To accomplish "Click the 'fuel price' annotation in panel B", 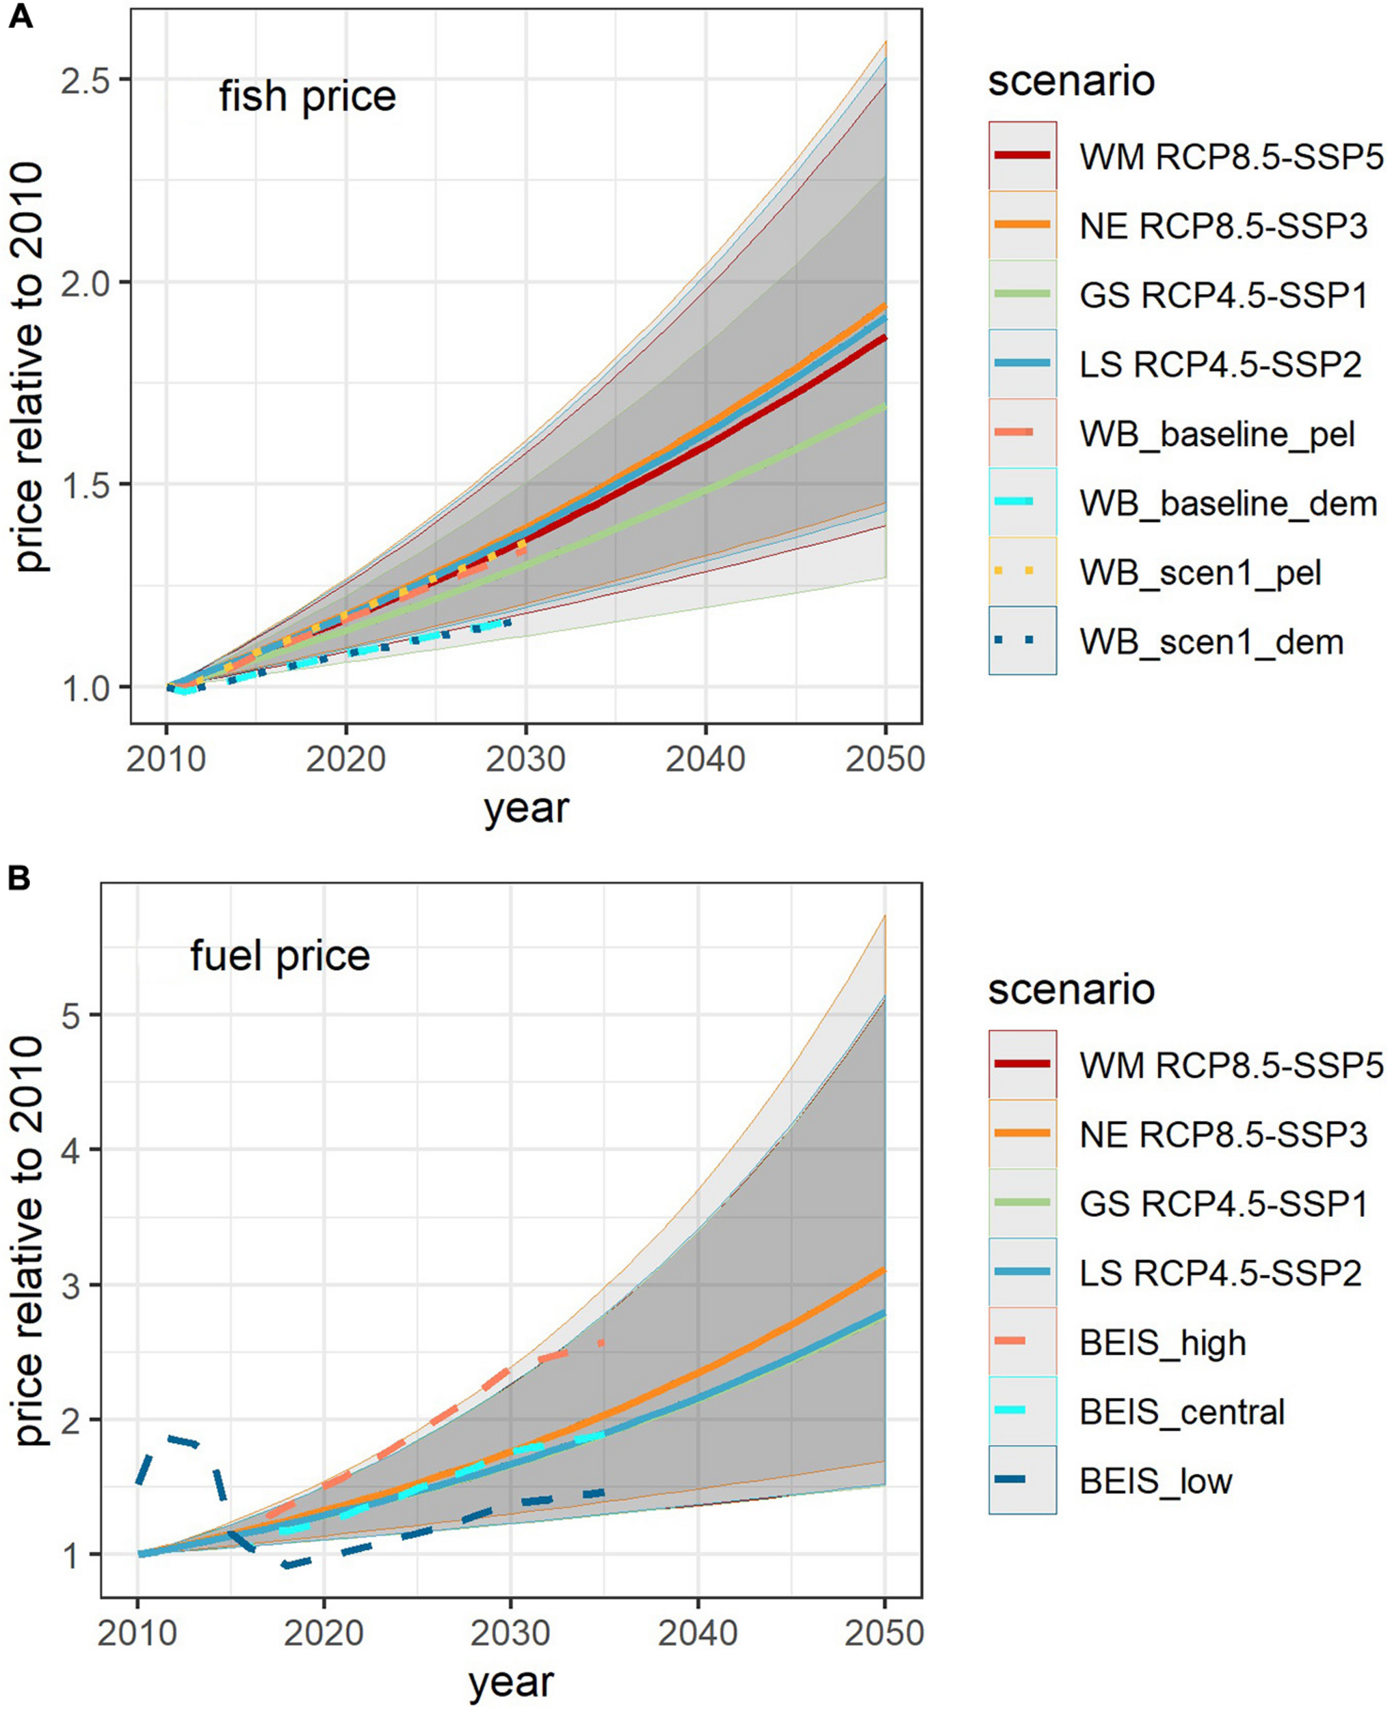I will (x=280, y=955).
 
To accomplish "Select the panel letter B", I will (x=19, y=878).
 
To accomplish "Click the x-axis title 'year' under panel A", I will (x=526, y=808).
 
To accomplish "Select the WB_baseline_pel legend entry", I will (x=1216, y=434).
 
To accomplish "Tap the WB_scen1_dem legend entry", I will (x=1211, y=642).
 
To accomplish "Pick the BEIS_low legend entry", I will (x=1155, y=1481).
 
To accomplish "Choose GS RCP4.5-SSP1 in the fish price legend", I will (x=1222, y=295).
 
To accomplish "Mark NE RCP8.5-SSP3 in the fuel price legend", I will (x=1222, y=1134).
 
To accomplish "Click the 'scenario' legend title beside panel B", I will (x=1071, y=990).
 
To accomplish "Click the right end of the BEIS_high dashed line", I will (x=601, y=1343).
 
